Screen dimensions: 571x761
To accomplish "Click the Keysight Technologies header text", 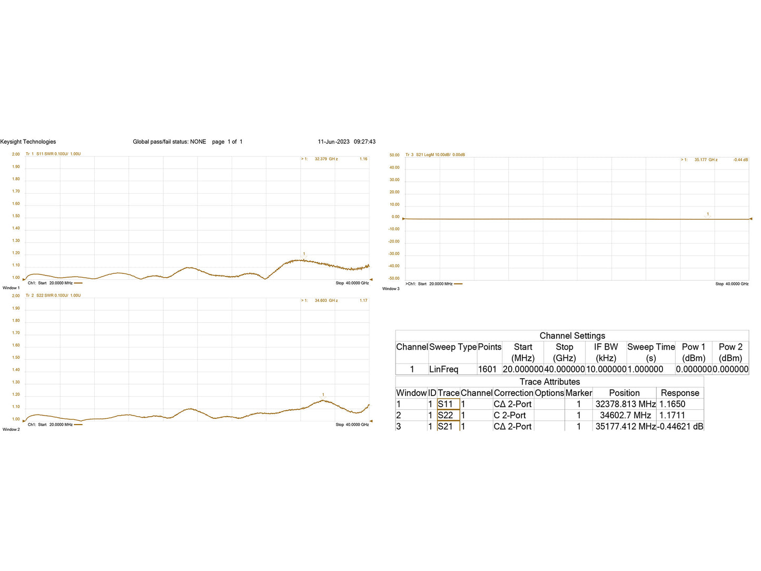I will coord(28,142).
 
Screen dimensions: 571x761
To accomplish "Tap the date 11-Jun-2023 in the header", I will coord(333,142).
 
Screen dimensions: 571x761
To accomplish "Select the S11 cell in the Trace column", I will coord(446,404).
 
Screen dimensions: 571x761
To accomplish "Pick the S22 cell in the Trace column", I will coord(446,415).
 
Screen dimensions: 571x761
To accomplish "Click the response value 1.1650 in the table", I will coord(673,404).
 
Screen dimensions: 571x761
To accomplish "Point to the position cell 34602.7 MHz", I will coord(625,415).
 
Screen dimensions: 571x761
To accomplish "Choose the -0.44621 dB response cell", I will coord(680,426).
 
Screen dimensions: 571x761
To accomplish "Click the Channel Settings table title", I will coord(572,336).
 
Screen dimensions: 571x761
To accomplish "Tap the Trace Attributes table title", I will coord(549,382).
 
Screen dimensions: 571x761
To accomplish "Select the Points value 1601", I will coord(487,369).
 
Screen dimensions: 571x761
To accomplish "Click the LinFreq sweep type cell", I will coord(443,369).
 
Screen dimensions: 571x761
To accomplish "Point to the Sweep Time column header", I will coord(651,347).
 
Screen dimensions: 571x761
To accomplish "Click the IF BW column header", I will coord(606,347).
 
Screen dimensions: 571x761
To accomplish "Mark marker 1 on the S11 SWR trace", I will coord(304,254).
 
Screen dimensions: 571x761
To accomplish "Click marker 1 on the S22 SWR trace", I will coord(323,395).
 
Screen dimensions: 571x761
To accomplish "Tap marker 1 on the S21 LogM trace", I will coord(708,214).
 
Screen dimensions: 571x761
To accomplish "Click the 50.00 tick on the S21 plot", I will coord(394,155).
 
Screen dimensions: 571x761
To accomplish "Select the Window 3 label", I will coord(391,289).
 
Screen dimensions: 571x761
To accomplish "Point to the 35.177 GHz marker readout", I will coord(706,160).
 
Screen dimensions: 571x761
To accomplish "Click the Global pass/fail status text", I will coord(169,142).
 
